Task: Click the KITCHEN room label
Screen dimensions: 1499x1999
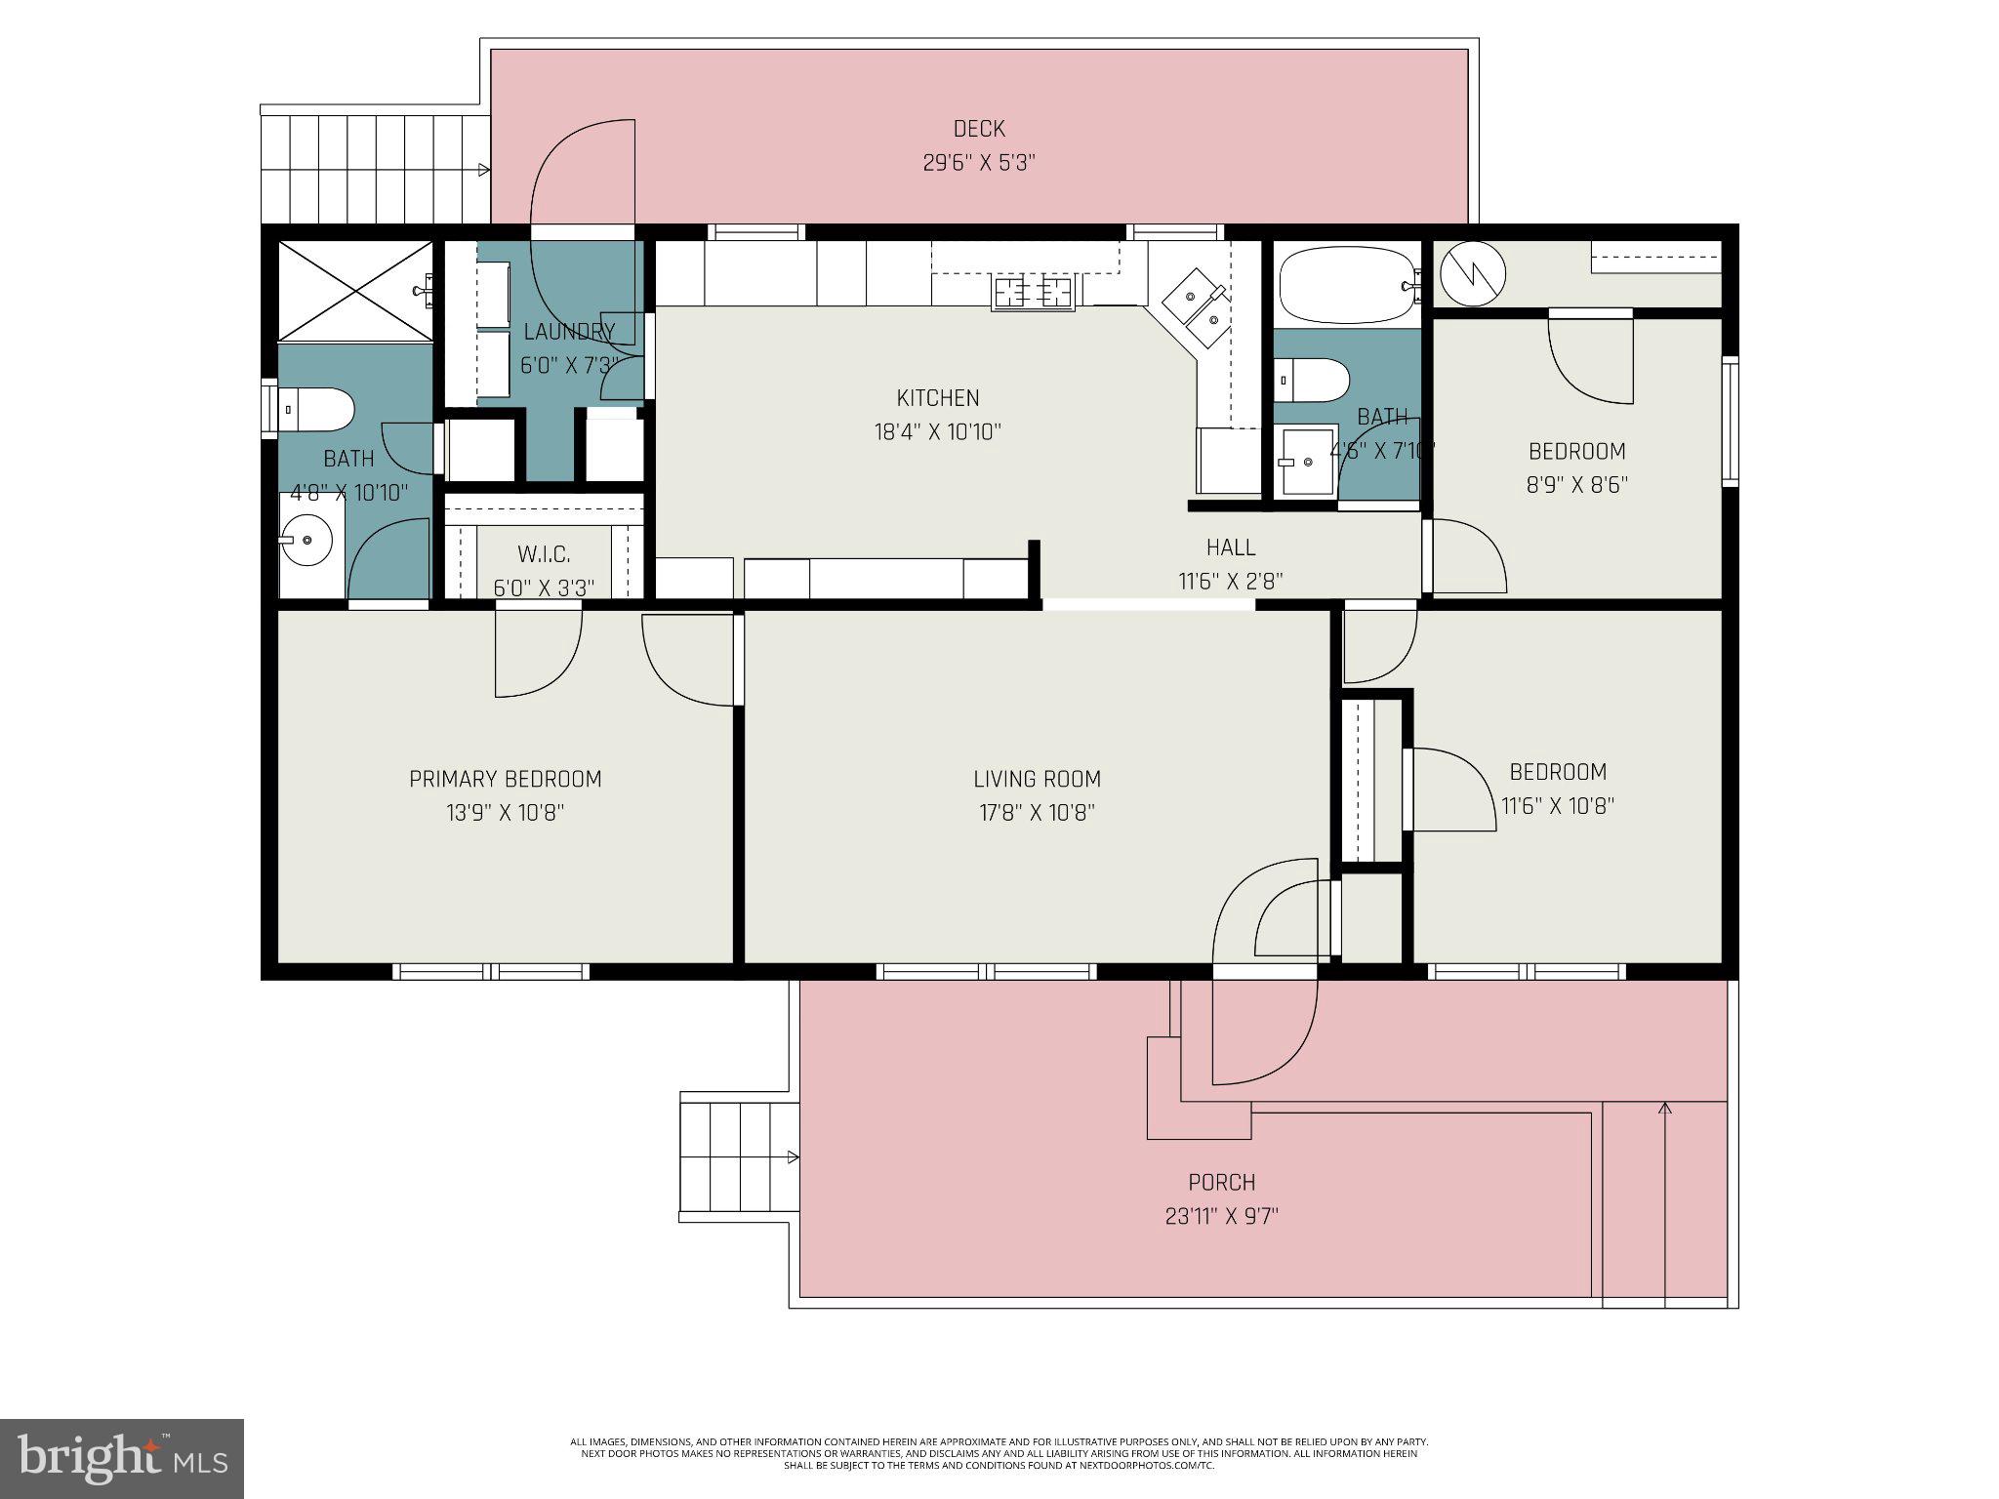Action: pos(937,398)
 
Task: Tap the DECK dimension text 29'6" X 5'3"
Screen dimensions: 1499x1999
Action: pos(978,163)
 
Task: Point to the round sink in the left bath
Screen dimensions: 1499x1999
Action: pos(307,540)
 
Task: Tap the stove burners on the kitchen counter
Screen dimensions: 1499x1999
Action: pos(1033,291)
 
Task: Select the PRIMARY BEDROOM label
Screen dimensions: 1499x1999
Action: pos(505,779)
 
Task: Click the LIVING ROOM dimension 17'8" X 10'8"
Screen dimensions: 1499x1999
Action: pos(1037,813)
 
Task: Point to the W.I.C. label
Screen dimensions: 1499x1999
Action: pos(544,555)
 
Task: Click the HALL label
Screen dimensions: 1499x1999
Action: pos(1230,547)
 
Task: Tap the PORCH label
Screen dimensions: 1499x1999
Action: pos(1221,1183)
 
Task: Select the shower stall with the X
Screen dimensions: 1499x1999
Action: pos(355,290)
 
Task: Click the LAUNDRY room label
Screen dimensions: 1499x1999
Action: pos(569,332)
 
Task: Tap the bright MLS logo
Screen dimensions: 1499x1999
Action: pos(122,1458)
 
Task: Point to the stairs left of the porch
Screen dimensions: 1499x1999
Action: pos(738,1157)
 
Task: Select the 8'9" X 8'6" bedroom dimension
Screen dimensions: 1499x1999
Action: pos(1576,485)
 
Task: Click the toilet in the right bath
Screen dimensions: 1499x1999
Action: pos(1314,380)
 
